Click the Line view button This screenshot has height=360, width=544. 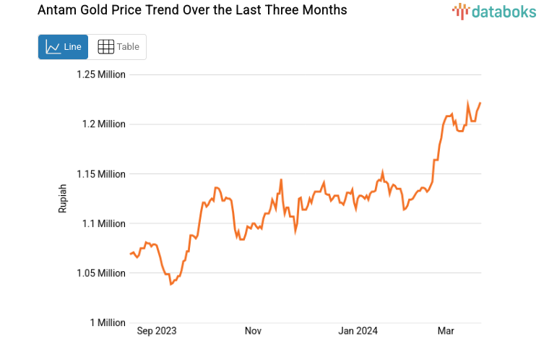tap(64, 47)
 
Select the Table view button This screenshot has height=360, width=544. tap(118, 47)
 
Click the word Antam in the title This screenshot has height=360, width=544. tap(56, 11)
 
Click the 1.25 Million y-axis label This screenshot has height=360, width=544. tap(101, 74)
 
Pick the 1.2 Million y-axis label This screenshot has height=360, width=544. tap(104, 124)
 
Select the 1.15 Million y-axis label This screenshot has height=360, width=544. tap(101, 174)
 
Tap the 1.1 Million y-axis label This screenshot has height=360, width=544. tap(104, 223)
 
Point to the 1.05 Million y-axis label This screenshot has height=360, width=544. tap(101, 273)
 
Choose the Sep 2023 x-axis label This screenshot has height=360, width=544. tap(157, 331)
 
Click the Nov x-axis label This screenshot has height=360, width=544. tap(253, 331)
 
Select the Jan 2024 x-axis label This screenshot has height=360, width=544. tap(358, 331)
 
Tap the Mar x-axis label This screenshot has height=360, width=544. tap(446, 331)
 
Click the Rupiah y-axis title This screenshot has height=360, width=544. tap(63, 198)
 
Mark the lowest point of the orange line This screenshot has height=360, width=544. tap(171, 284)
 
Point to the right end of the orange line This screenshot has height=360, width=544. tap(480, 103)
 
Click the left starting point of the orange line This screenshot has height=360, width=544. tap(130, 254)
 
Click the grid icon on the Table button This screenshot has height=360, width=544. tap(105, 47)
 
